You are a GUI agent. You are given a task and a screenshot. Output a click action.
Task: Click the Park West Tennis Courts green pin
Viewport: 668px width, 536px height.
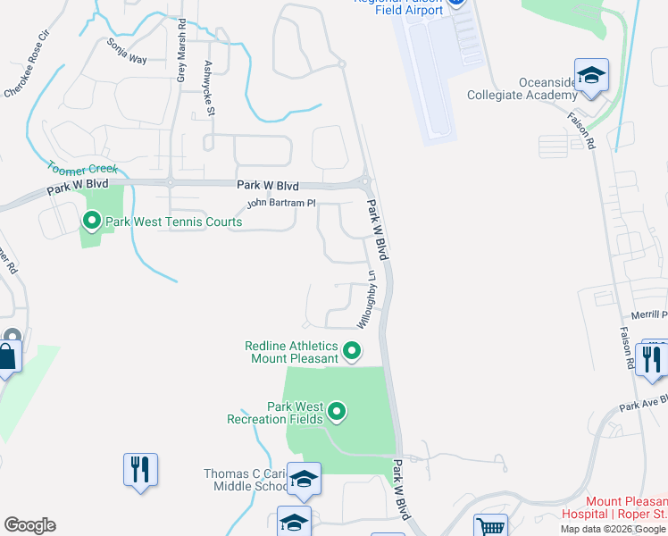pos(91,220)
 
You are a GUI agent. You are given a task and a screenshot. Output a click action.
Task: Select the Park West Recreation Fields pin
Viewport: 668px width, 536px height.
pos(337,411)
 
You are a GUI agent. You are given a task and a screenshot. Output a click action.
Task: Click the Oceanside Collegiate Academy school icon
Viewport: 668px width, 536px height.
pos(591,77)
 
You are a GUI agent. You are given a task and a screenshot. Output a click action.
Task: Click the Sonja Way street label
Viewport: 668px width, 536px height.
pos(126,52)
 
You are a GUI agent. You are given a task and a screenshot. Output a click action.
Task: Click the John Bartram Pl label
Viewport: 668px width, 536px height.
pos(281,204)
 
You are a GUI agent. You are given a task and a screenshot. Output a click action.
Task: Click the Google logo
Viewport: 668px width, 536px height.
pos(29,525)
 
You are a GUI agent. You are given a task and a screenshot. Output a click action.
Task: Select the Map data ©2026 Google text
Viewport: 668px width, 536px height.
pos(614,529)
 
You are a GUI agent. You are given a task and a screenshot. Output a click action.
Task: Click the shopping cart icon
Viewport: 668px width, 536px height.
pos(490,526)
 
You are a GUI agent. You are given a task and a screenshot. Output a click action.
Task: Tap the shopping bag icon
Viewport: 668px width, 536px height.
pos(7,357)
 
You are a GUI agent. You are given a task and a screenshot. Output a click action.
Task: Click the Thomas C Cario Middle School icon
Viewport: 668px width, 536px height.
pos(305,481)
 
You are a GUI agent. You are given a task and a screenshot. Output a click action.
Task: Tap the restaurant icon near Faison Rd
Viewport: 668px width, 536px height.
pos(652,359)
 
